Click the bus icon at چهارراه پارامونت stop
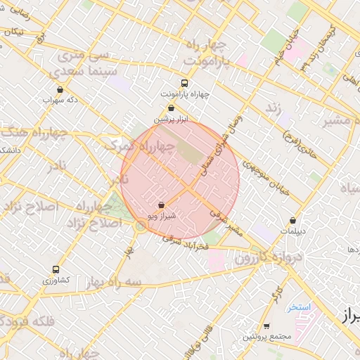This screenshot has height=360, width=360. [x=185, y=82]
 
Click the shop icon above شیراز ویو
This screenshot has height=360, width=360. [x=162, y=205]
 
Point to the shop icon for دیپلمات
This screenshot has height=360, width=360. [x=292, y=221]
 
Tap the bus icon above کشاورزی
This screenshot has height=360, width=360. [x=56, y=269]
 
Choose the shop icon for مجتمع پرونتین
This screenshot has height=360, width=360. [x=266, y=326]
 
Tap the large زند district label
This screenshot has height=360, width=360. [x=271, y=110]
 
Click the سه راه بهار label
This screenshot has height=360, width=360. [x=113, y=281]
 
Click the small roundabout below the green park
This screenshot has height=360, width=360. [x=141, y=225]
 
